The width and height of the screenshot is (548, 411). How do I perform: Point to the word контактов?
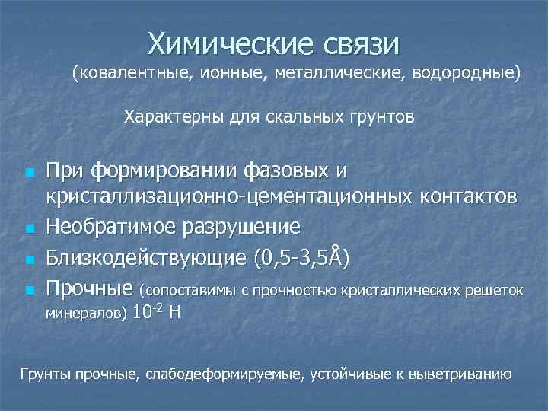[x=468, y=197]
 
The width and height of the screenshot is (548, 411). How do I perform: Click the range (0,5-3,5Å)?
[x=301, y=257]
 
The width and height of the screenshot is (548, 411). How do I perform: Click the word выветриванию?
[x=473, y=375]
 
